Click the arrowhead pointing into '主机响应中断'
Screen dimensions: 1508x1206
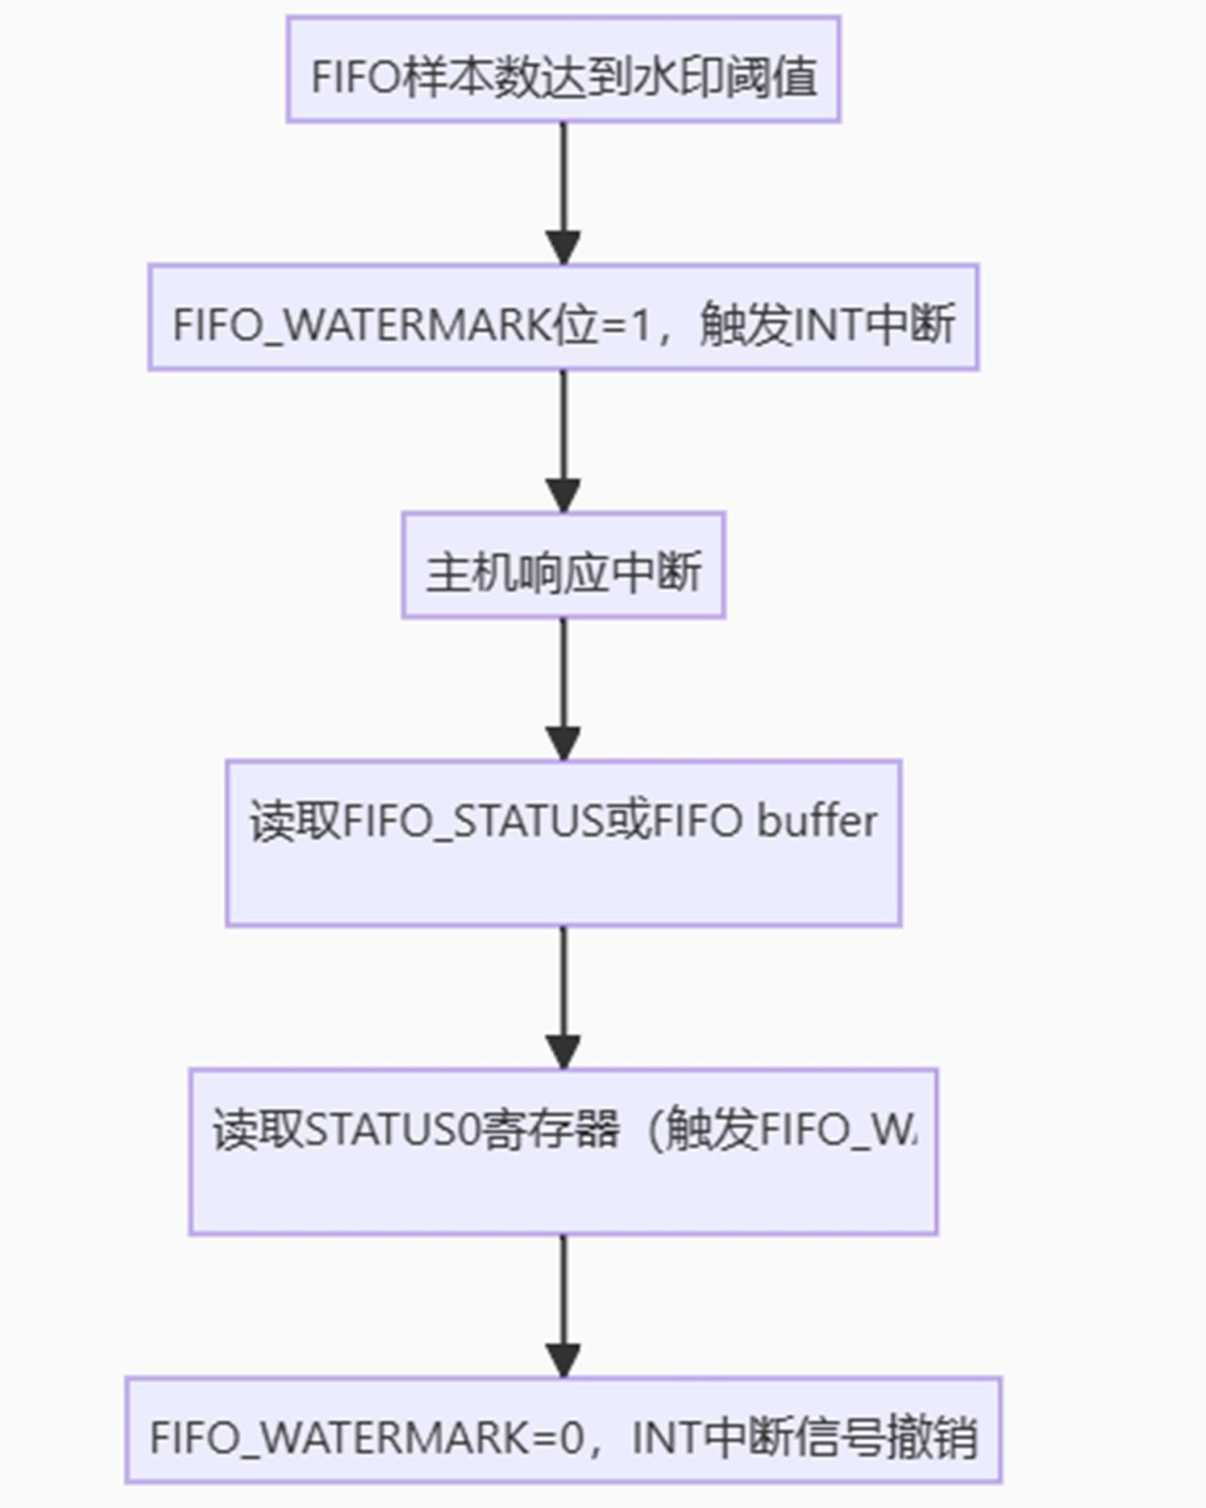pyautogui.click(x=562, y=495)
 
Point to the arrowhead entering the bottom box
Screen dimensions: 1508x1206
pyautogui.click(x=562, y=1360)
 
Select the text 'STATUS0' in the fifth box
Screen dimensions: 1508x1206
pyautogui.click(x=394, y=1129)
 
